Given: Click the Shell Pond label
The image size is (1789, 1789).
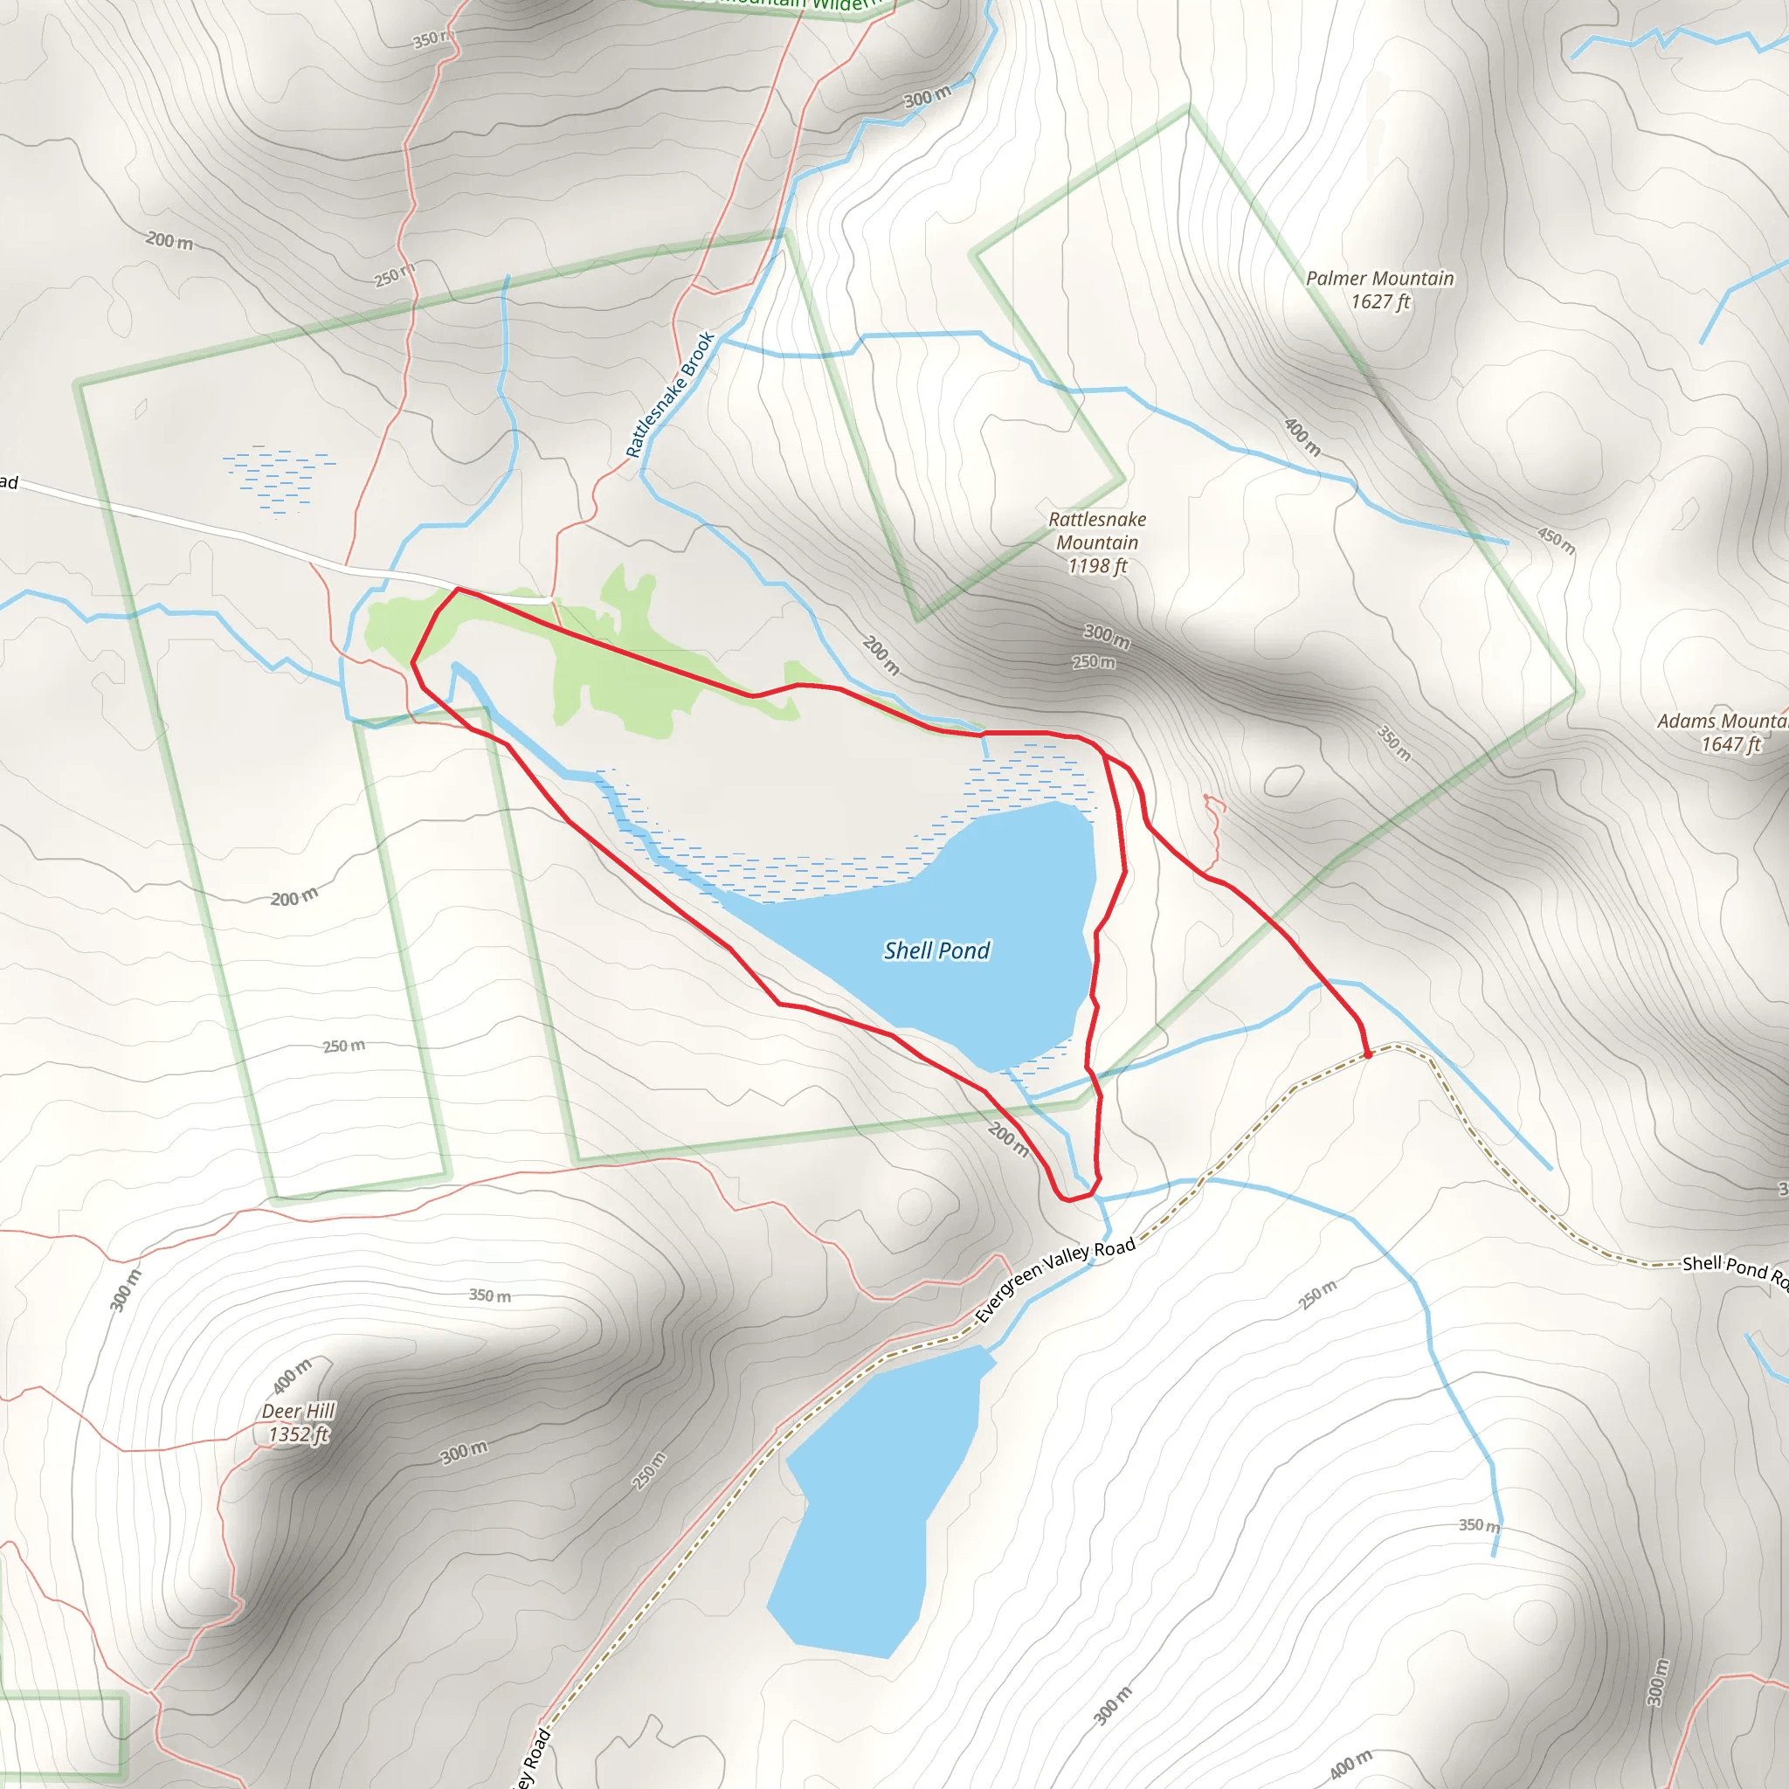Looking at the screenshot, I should click(936, 950).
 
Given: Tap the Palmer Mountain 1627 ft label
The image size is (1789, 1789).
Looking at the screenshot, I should click(1378, 290).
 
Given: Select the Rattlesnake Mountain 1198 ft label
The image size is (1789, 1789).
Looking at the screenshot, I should click(1096, 542).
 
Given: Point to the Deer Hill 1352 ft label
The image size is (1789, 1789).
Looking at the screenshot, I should click(297, 1422).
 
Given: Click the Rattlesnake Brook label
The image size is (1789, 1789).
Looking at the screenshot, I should click(669, 395).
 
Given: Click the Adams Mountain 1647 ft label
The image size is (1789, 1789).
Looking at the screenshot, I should click(1722, 732).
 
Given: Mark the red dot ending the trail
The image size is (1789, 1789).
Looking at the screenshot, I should click(1368, 1054).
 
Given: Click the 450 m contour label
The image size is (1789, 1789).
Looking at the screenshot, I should click(1556, 540).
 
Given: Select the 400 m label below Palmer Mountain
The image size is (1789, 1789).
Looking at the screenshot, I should click(1302, 436).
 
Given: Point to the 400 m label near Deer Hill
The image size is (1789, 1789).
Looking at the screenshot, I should click(292, 1376).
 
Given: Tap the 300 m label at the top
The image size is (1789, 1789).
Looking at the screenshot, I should click(927, 96).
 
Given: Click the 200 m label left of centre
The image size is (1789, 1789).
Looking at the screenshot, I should click(294, 897).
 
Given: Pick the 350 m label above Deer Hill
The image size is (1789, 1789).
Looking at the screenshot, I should click(489, 1295).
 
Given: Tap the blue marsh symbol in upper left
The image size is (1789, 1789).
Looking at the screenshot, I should click(278, 480).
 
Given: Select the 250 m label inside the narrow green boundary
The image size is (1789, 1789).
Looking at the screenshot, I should click(343, 1046).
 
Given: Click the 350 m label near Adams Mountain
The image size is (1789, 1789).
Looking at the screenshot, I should click(1393, 743).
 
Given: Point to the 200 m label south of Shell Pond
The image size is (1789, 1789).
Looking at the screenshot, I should click(1007, 1138).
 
